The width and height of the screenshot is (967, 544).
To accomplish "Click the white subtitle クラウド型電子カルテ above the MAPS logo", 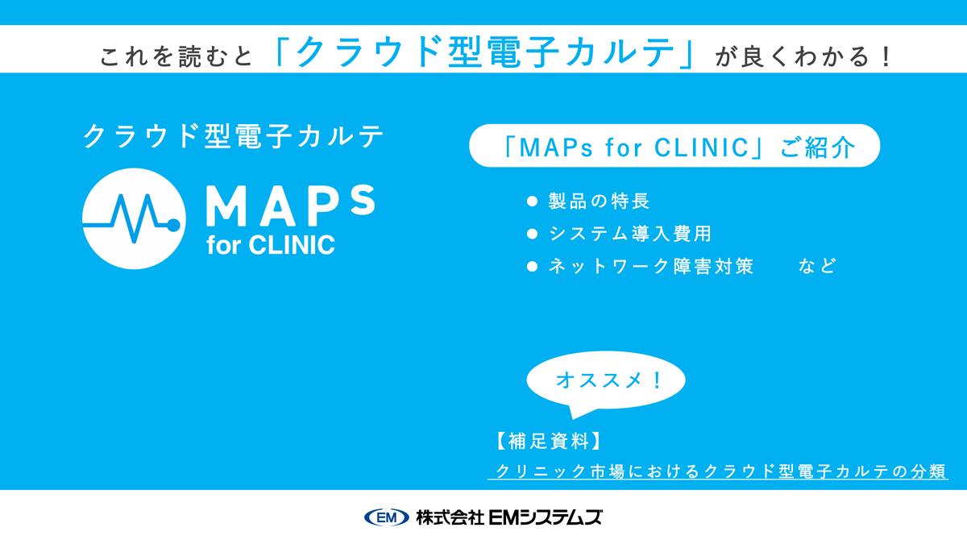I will pos(233,136).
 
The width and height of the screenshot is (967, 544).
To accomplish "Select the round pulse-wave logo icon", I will pos(134,218).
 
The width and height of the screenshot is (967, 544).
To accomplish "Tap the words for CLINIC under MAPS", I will pos(270,244).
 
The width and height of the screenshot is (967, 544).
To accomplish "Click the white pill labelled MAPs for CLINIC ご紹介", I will pos(674,146).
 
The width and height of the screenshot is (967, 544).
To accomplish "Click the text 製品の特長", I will pos(599,201).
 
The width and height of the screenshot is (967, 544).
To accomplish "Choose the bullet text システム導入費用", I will pos(629,234).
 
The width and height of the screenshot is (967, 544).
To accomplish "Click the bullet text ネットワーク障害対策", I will pos(650,266).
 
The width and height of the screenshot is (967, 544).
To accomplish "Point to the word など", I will pos(817,266).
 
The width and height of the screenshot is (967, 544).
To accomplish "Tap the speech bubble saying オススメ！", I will pos(606,381).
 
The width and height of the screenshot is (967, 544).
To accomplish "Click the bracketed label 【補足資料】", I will pos(548,441).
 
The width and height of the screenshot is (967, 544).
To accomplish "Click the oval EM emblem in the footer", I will pos(387,517).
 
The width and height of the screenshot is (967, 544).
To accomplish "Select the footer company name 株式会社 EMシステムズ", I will pos(509,517).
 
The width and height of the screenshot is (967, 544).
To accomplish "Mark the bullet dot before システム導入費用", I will pos(531,234).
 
